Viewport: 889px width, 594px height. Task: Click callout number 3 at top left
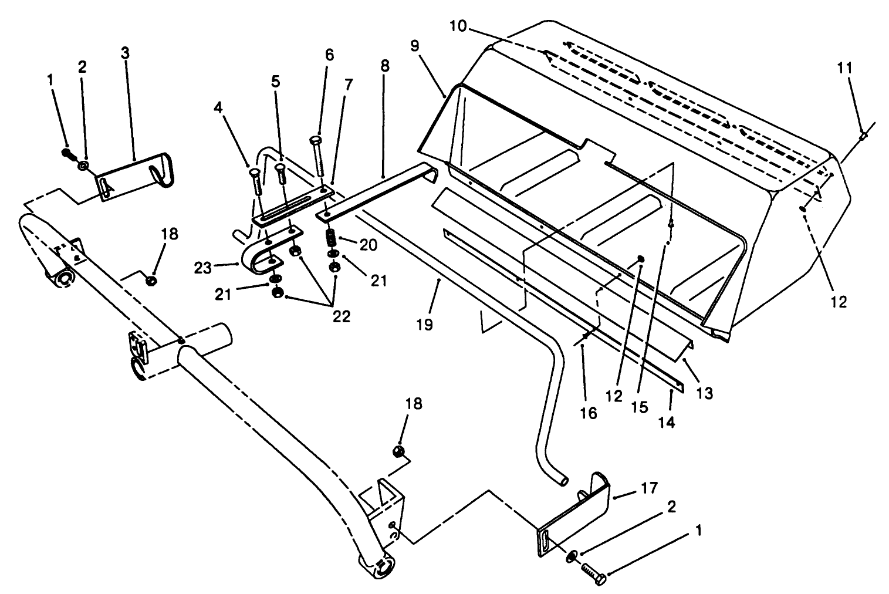(125, 52)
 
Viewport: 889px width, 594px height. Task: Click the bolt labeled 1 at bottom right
(593, 572)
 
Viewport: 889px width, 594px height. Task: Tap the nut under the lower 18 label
(398, 451)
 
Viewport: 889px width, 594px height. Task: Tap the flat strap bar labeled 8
(381, 191)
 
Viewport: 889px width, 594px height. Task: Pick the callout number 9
(415, 46)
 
